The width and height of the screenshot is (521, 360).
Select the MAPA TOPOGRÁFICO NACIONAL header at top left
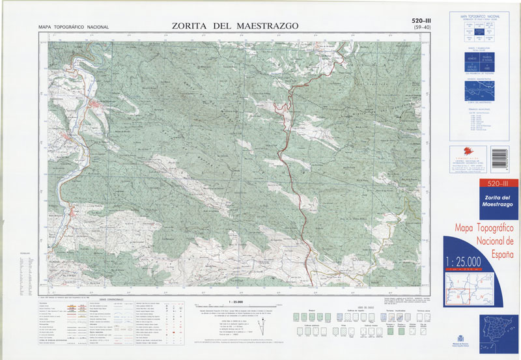[74, 27]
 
